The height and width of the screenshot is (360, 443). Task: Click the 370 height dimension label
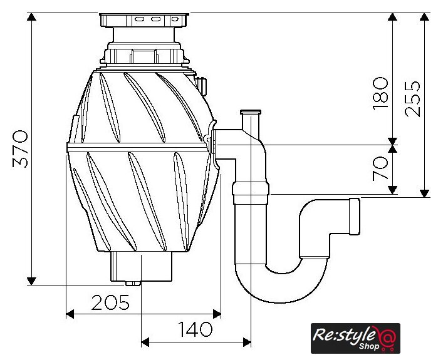coord(21,149)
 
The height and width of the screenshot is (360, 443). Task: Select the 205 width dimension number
coord(110,302)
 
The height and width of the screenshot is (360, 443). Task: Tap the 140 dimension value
coord(195,329)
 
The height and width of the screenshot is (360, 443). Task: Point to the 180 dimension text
coord(380,93)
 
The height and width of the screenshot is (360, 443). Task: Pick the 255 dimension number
coord(412,99)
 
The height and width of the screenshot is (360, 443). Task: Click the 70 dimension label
coord(380,168)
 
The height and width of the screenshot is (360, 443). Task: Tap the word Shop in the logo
coord(369,346)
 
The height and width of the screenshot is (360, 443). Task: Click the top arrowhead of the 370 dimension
coord(31,17)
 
